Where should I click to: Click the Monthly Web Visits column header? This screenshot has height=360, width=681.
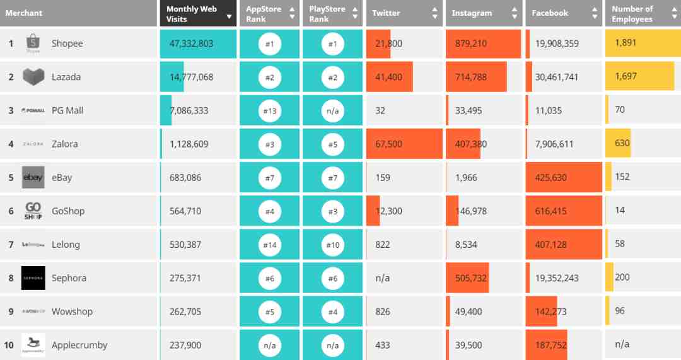(192, 13)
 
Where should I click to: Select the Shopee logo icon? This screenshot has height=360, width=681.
(33, 44)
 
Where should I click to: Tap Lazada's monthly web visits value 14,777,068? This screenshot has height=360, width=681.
(191, 77)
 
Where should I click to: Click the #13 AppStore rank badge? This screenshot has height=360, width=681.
(269, 111)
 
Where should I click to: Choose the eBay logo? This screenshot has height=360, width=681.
(33, 177)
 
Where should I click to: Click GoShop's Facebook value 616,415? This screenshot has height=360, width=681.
(550, 211)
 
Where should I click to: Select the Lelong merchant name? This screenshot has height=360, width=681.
(66, 245)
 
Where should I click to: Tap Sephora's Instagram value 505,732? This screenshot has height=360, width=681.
(471, 278)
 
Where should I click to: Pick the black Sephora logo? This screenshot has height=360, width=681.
(33, 278)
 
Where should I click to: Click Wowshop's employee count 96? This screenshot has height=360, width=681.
(620, 311)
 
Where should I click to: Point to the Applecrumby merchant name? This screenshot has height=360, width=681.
(79, 345)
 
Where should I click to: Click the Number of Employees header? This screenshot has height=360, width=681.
(632, 13)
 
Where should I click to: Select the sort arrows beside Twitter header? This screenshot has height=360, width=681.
(434, 13)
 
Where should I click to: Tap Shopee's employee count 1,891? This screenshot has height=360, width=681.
(626, 43)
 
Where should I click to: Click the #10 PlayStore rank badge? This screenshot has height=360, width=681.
(332, 245)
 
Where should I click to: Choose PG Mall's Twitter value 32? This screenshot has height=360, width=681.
(380, 110)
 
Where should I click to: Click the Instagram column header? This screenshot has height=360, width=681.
(472, 13)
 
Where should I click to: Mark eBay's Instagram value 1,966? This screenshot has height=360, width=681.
(466, 177)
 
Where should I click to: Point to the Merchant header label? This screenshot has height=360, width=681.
(24, 13)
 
